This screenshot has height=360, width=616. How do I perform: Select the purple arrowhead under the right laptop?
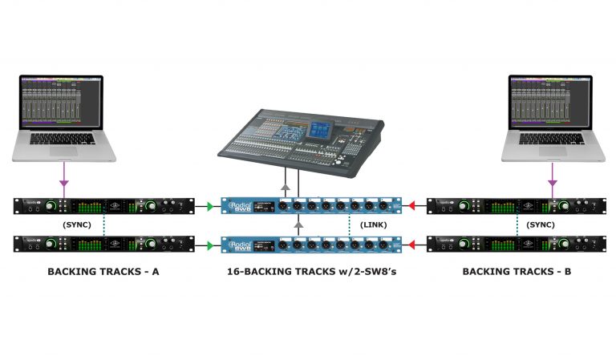(552, 184)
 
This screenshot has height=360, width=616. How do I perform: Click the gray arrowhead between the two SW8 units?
(299, 226)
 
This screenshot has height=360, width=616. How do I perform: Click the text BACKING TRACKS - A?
(103, 272)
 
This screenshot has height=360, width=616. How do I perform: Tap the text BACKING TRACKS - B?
(517, 272)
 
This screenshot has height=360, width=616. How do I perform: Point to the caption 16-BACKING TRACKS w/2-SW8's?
(310, 272)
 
